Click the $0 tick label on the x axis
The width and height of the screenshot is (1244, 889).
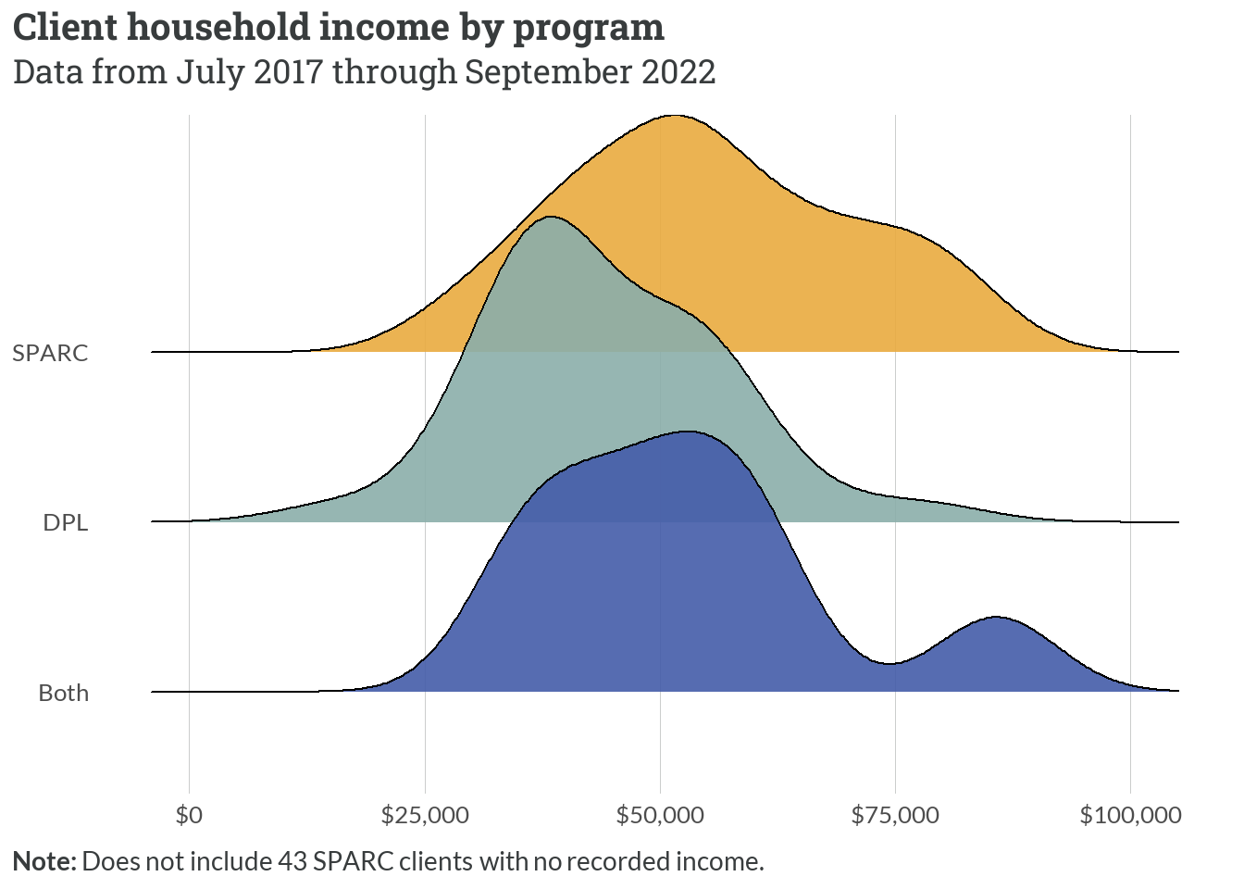pyautogui.click(x=189, y=815)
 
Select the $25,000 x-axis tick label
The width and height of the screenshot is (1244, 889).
pyautogui.click(x=425, y=815)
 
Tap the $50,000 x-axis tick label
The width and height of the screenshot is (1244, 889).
pyautogui.click(x=660, y=815)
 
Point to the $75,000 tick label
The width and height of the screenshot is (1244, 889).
pyautogui.click(x=895, y=815)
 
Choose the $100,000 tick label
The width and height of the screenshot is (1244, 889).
pyautogui.click(x=1130, y=815)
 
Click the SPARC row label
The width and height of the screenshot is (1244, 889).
pyautogui.click(x=50, y=353)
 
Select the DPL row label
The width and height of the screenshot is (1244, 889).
pyautogui.click(x=65, y=522)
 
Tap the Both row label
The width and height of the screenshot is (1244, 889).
pyautogui.click(x=63, y=693)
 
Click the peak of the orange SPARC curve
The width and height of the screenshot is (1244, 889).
pyautogui.click(x=675, y=117)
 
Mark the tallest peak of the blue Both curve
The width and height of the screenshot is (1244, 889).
pyautogui.click(x=688, y=432)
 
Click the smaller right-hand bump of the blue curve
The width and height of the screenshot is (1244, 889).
pyautogui.click(x=996, y=618)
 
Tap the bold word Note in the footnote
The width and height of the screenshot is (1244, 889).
pyautogui.click(x=44, y=861)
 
